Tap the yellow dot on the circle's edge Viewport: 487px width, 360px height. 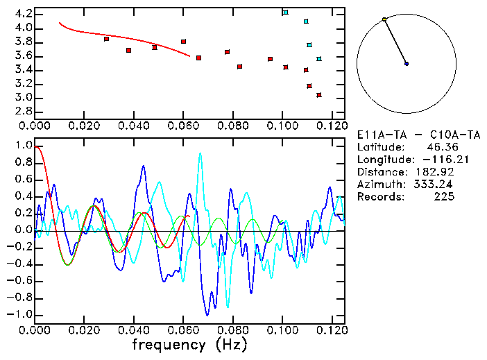(x=384, y=19)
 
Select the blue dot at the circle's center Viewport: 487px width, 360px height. (x=407, y=64)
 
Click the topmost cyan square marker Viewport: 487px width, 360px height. (x=285, y=12)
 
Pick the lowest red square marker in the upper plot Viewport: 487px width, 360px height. (x=319, y=95)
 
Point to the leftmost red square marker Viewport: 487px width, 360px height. (x=106, y=39)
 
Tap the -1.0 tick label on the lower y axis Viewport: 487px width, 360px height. (x=20, y=314)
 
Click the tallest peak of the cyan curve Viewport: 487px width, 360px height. (x=200, y=154)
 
